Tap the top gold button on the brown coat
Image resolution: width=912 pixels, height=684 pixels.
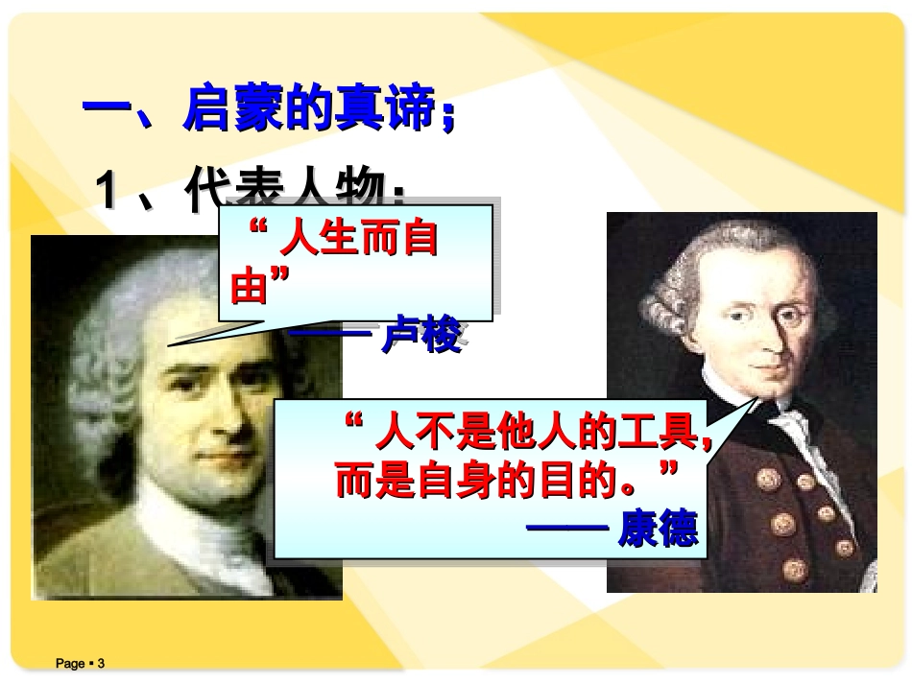(x=769, y=477)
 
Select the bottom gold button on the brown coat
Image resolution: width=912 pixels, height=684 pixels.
(x=794, y=568)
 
